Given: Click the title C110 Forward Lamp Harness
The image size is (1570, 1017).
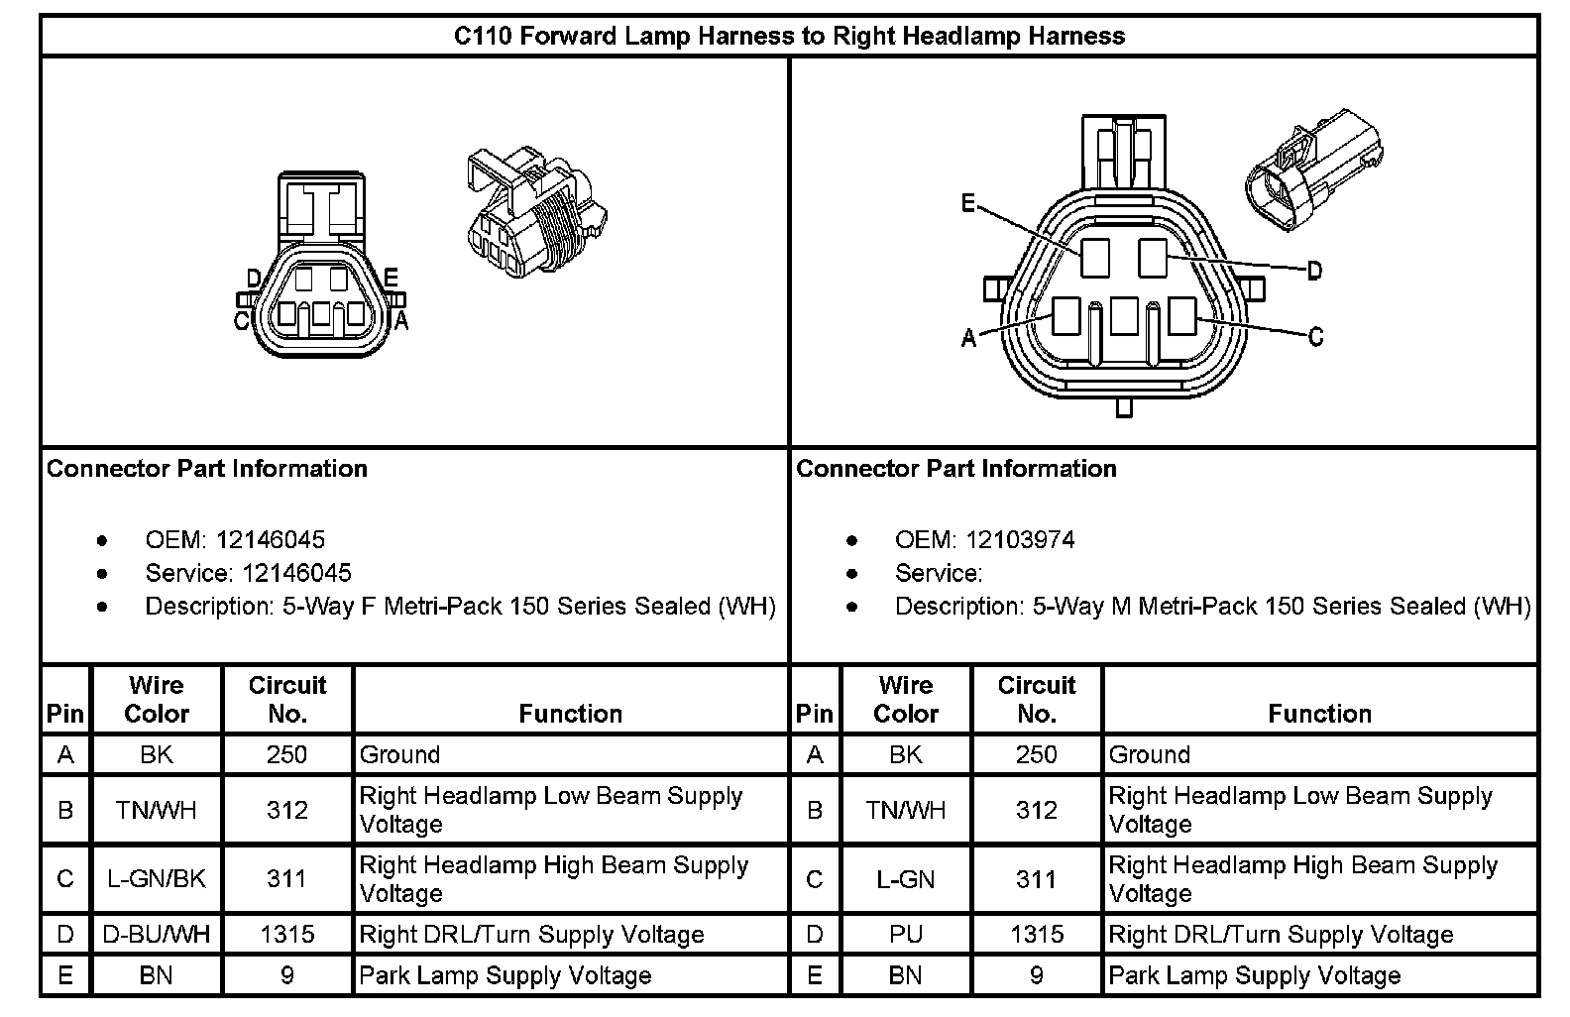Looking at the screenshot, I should point(789,37).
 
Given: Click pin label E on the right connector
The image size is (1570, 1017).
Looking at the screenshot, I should point(968,205).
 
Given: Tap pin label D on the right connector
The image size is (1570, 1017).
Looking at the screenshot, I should point(1314,270).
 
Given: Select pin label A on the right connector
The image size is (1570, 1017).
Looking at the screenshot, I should point(968,339).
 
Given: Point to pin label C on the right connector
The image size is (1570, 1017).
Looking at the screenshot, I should point(1315,338).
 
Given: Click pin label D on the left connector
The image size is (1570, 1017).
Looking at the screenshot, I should point(254,279).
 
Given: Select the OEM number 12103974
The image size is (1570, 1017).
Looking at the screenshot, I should point(1020,540).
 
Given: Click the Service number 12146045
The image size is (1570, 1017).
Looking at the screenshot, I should point(297,573).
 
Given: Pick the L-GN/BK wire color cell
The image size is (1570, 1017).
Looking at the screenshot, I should point(157,878).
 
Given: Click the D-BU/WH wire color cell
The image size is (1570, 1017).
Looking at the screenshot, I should point(157,935).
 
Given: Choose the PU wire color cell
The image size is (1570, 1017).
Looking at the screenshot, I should point(906,935).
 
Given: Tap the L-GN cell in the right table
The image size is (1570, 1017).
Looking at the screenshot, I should point(906,878).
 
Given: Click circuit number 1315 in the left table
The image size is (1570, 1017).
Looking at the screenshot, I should point(287,935).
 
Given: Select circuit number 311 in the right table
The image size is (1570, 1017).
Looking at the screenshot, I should point(1036,878).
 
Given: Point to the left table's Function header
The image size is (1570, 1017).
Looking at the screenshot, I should point(571,714).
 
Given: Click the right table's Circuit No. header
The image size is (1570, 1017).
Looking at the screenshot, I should point(1036,699).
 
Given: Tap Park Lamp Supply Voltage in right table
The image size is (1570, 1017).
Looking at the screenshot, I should point(1255,976).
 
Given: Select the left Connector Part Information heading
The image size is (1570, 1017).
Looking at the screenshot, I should point(207,469).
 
